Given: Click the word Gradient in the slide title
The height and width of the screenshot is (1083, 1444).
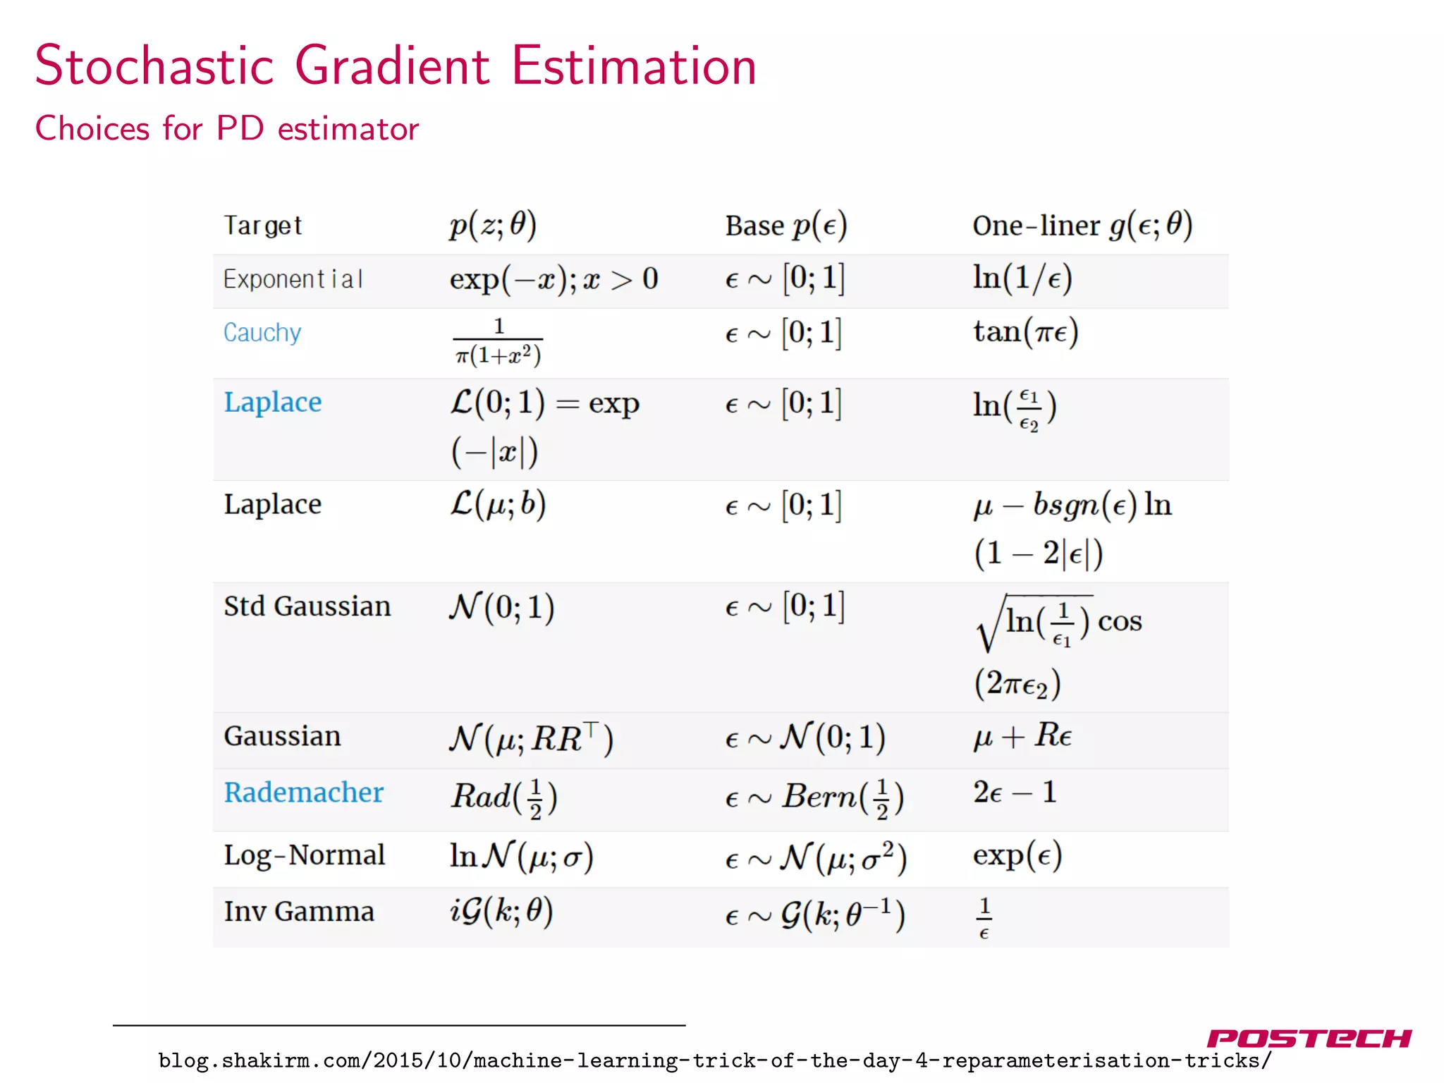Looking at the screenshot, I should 392,67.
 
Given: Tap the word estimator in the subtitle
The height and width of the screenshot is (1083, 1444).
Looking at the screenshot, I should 348,129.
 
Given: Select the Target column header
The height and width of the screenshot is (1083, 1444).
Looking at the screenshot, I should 262,226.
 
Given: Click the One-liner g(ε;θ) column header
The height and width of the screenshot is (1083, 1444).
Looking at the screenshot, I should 1082,226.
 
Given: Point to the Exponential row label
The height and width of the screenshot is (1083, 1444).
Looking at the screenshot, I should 293,279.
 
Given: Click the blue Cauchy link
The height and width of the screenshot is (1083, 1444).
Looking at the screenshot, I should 262,332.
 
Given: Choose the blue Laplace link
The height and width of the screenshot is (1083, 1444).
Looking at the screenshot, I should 273,402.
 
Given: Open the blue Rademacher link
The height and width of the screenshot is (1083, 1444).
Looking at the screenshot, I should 304,793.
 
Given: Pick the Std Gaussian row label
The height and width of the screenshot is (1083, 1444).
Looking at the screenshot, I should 307,606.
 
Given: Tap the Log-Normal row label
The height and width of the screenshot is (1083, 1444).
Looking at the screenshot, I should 305,855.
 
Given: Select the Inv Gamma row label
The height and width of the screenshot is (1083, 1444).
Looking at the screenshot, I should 299,911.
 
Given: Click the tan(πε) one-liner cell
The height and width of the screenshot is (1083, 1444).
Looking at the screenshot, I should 1026,331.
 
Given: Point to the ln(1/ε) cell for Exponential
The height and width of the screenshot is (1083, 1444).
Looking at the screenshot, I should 1022,278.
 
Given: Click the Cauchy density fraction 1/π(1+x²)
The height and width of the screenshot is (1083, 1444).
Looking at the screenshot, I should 498,341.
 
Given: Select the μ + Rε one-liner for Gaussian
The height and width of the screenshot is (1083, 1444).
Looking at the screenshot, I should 1022,736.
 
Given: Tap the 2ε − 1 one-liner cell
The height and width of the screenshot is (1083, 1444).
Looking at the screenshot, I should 1015,793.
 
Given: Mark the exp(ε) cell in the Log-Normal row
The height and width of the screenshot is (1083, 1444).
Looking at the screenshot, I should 1017,855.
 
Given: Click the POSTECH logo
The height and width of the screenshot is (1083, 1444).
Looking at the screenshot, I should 1309,1039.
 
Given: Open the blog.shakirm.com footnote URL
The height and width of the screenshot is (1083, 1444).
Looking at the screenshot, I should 715,1060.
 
